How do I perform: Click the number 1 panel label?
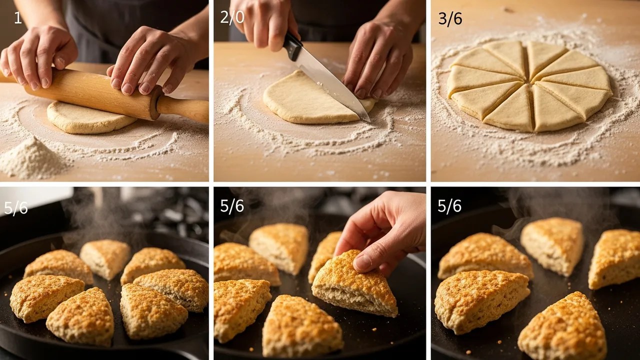tap(18, 18)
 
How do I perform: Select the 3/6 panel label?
tap(450, 18)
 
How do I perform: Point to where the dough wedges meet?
tap(530, 84)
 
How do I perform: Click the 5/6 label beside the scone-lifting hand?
tap(232, 205)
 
